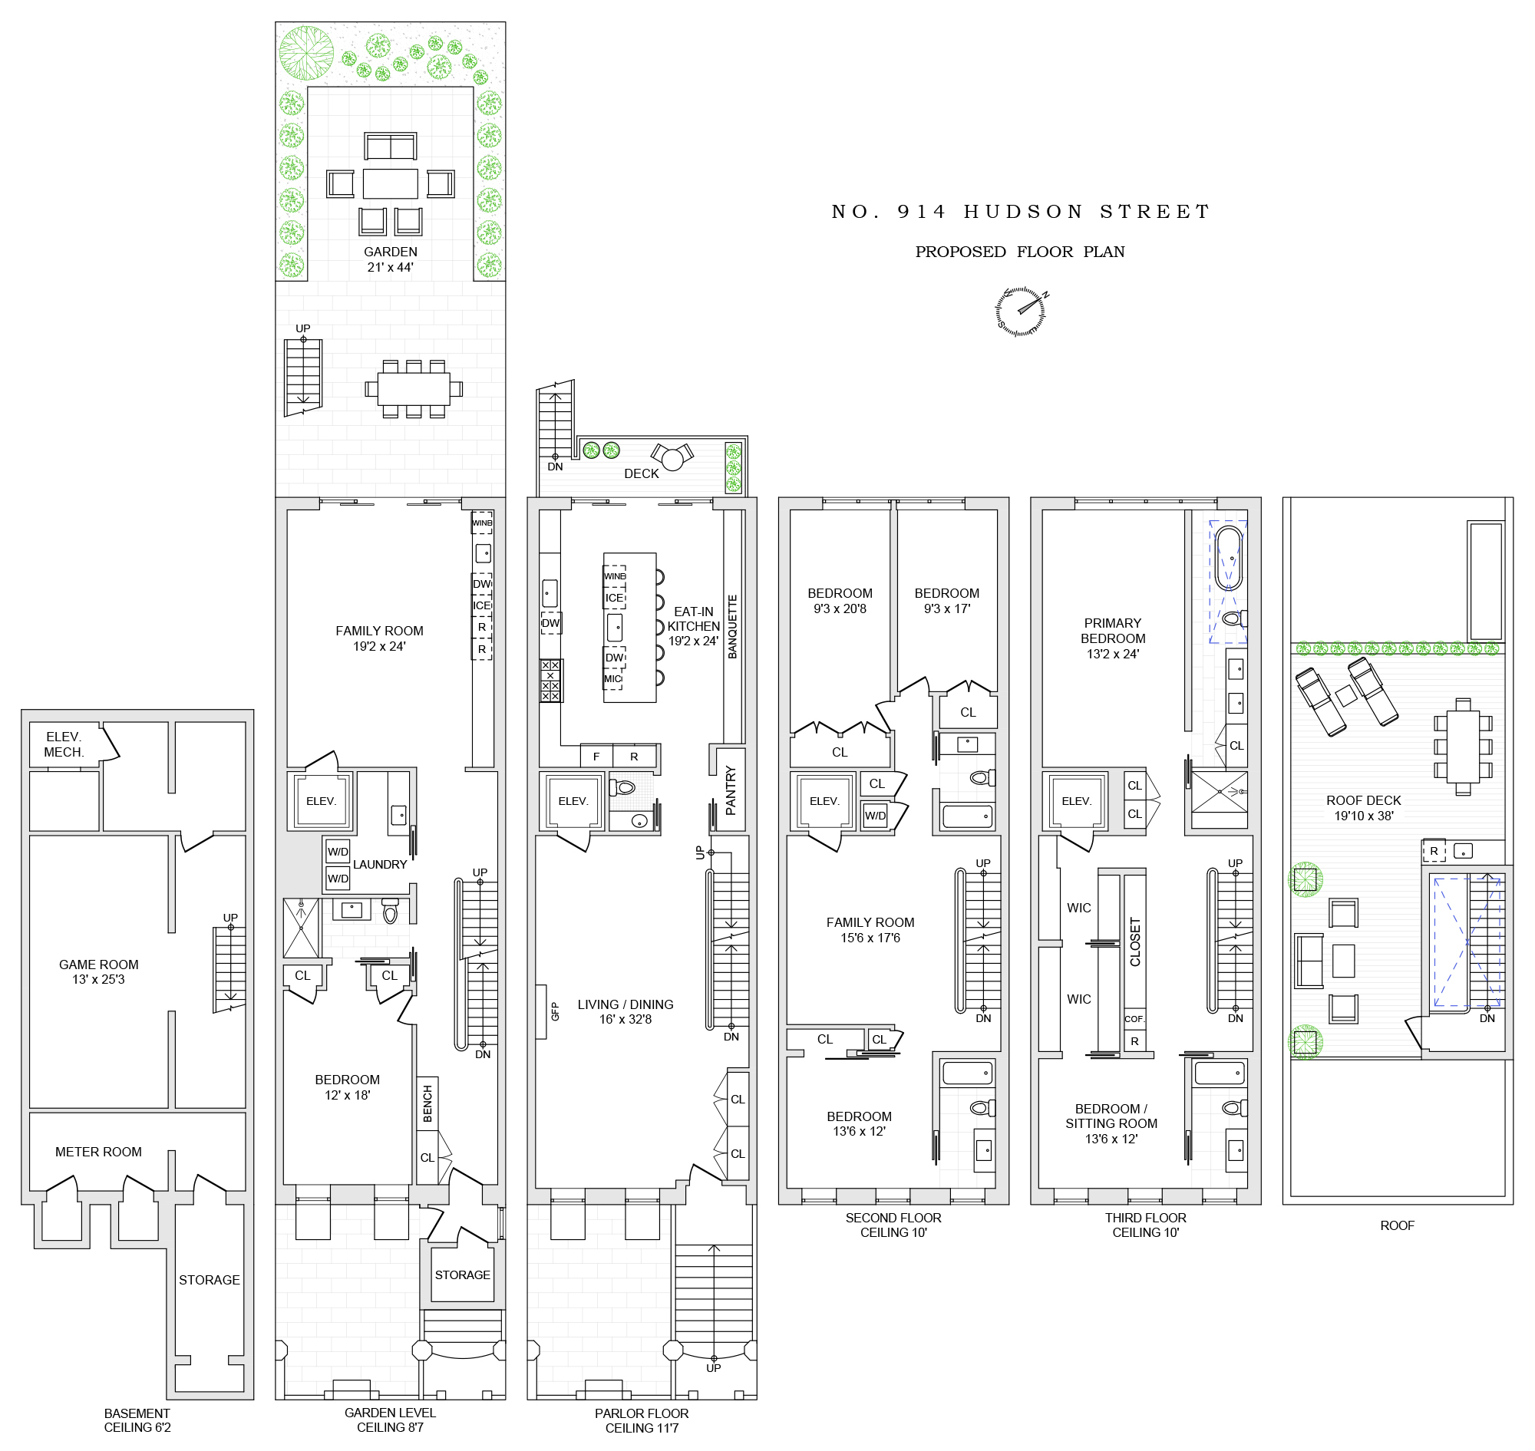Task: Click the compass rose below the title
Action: [x=1021, y=312]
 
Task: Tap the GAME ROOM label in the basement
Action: [x=98, y=972]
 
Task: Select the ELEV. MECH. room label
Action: [x=64, y=744]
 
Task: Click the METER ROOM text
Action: [x=98, y=1152]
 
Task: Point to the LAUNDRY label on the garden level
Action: [x=379, y=865]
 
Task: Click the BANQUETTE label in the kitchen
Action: [x=733, y=626]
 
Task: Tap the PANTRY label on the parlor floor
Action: [x=731, y=790]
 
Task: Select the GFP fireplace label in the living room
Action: [x=555, y=1011]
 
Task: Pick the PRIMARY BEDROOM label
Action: [x=1113, y=638]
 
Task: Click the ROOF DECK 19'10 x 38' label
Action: [x=1363, y=807]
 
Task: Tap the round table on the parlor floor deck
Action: [x=672, y=460]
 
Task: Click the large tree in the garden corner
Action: [x=306, y=53]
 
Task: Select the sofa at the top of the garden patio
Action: [x=390, y=147]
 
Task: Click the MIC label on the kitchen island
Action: [x=612, y=679]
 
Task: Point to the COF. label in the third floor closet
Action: [x=1134, y=1019]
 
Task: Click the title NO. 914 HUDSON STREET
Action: [x=1020, y=212]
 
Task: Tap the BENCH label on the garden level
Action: [x=427, y=1103]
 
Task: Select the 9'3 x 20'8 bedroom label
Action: [x=840, y=601]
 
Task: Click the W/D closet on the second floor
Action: [x=875, y=815]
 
